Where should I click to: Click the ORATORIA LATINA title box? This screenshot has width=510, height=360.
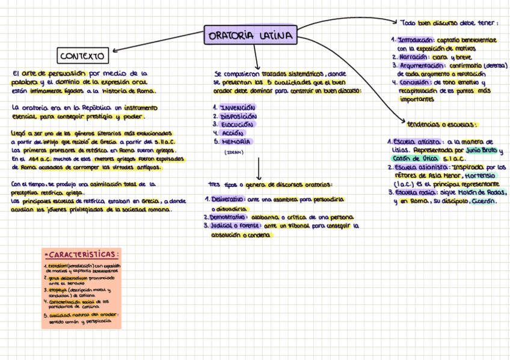click(250, 35)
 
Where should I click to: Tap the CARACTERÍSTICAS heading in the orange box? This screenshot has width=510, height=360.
click(82, 254)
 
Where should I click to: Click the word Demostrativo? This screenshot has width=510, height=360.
click(229, 217)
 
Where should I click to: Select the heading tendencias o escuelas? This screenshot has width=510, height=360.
click(441, 124)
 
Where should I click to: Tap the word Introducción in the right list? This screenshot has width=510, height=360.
click(415, 40)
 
